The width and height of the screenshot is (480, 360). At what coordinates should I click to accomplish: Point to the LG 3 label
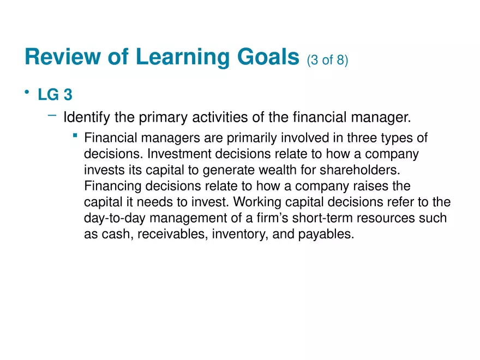pos(55,95)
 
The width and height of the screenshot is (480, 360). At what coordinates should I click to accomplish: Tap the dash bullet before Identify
pos(52,115)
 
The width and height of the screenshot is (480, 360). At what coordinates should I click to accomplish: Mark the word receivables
pos(175,235)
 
